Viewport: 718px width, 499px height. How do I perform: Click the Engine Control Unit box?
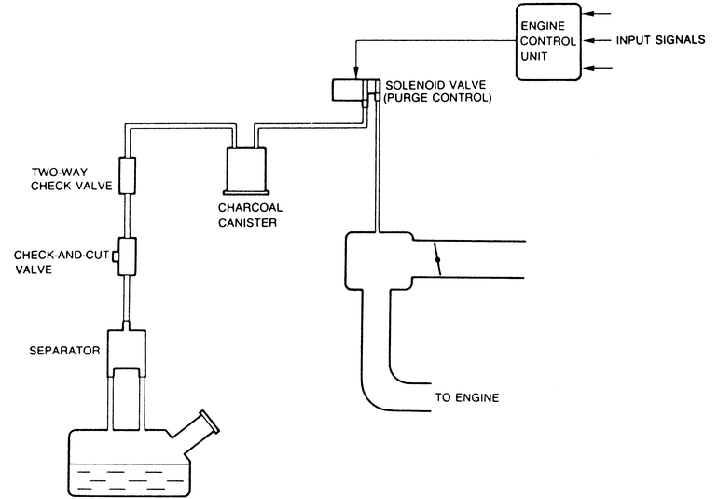[548, 41]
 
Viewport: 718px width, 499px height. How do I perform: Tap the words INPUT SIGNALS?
[665, 41]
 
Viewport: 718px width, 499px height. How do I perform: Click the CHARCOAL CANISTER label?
[246, 215]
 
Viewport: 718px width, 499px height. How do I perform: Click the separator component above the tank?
[128, 350]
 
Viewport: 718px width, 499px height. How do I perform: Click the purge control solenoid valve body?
[349, 90]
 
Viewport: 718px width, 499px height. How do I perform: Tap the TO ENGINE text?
[467, 398]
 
